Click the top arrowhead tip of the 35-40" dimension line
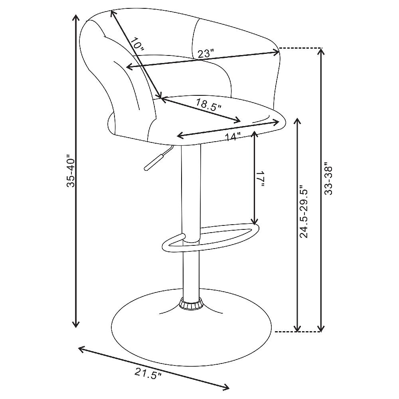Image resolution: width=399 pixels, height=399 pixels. pyautogui.click(x=75, y=15)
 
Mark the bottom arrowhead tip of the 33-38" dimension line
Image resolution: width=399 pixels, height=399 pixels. pyautogui.click(x=321, y=332)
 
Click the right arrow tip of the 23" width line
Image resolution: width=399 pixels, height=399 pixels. pyautogui.click(x=280, y=52)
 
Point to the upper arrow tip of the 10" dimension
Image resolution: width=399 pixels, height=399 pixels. pyautogui.click(x=111, y=10)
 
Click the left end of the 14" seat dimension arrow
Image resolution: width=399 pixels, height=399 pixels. pyautogui.click(x=177, y=136)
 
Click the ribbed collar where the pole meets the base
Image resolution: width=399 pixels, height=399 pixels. pyautogui.click(x=191, y=304)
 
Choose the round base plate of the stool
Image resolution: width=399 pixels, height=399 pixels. pyautogui.click(x=191, y=327)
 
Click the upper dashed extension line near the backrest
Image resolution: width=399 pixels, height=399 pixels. pyautogui.click(x=300, y=48)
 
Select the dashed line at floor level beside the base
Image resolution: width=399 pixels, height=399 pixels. pyautogui.click(x=298, y=332)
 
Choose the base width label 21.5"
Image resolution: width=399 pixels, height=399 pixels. pyautogui.click(x=148, y=375)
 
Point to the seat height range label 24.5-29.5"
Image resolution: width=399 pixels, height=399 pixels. pyautogui.click(x=304, y=211)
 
